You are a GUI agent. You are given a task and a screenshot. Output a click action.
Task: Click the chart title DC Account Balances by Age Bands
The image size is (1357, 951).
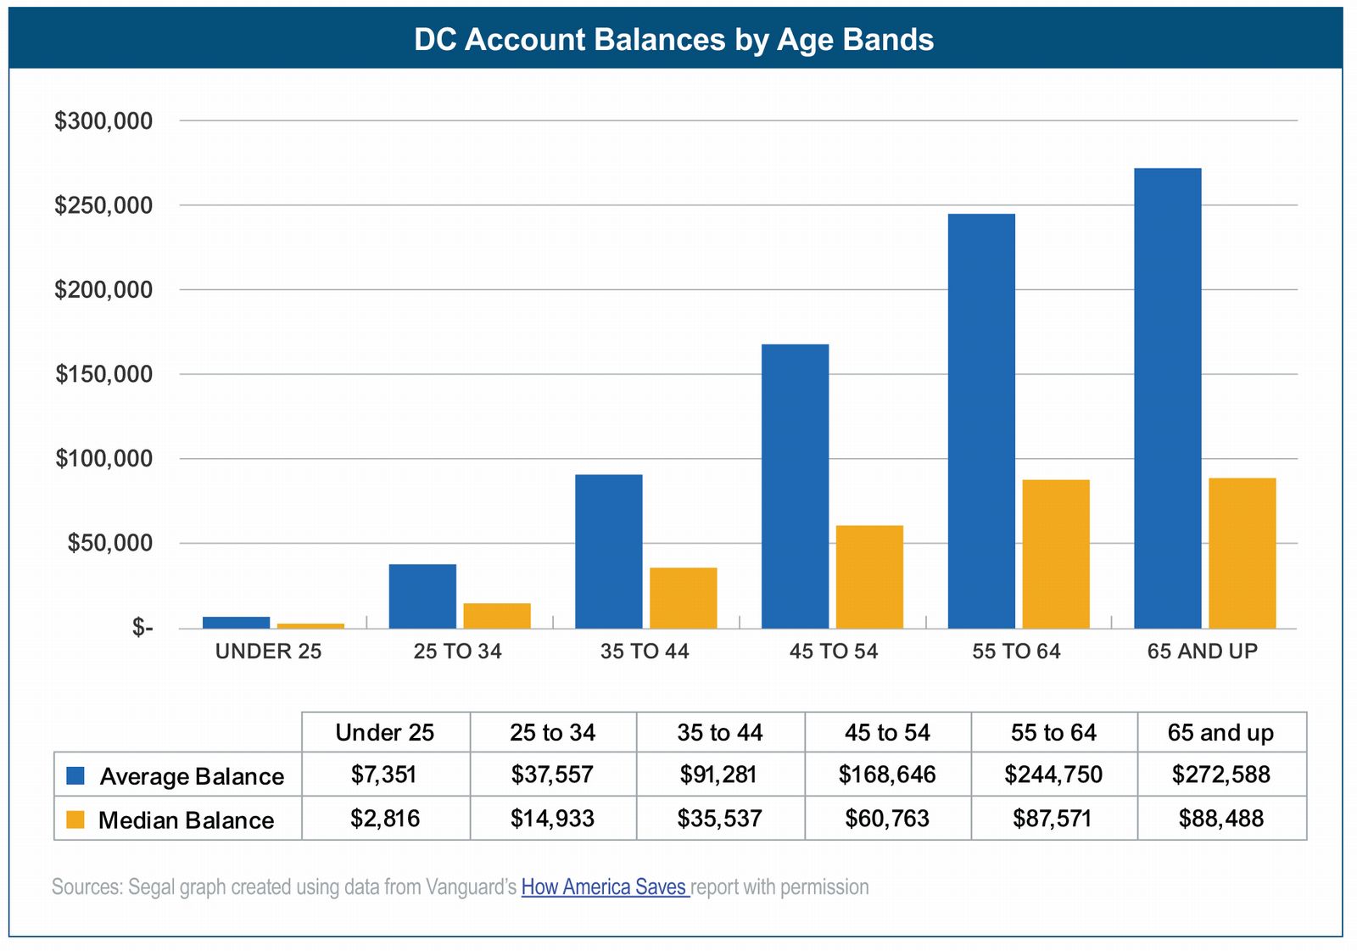(673, 40)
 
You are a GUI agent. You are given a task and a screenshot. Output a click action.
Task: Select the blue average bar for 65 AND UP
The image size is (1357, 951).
(1167, 398)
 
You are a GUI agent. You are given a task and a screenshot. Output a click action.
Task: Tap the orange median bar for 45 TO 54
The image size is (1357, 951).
(869, 577)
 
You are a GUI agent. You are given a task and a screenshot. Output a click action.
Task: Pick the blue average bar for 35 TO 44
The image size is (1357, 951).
(608, 551)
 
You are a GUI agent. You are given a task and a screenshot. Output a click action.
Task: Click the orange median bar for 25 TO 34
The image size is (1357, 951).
(496, 616)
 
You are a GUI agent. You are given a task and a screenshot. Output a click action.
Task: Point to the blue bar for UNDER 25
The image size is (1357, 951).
(236, 623)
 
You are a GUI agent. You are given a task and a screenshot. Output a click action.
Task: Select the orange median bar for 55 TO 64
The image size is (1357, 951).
(1056, 554)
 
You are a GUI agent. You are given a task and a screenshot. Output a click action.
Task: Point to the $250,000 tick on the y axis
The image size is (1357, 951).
(103, 205)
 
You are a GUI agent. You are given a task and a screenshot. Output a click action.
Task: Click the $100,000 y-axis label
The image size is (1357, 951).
(103, 459)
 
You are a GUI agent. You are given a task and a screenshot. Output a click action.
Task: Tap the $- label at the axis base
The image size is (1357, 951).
(142, 628)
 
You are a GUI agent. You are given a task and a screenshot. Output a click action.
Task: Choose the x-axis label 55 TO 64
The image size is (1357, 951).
(1016, 652)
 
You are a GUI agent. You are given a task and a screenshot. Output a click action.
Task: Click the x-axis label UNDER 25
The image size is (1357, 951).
(268, 652)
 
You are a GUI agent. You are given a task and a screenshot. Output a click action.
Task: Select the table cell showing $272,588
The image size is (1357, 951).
(1220, 775)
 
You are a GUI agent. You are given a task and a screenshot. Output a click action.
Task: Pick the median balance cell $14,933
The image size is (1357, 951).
(552, 819)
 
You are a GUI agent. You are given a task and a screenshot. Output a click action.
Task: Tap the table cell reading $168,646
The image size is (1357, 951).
(887, 775)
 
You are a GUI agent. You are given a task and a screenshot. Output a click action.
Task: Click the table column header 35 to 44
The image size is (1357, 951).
(719, 732)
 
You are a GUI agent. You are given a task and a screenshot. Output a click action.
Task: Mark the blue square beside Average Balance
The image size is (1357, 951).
(75, 775)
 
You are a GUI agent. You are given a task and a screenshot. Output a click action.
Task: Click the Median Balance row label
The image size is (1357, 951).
(186, 820)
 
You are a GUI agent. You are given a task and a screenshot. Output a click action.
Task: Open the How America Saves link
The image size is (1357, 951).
(604, 887)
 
